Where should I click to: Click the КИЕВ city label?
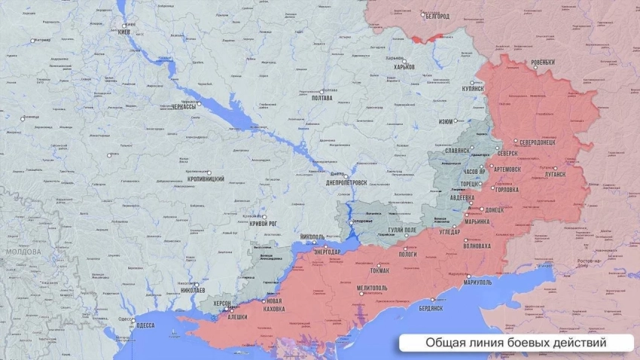(124, 32)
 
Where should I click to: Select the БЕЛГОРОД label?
(437, 16)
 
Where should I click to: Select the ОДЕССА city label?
(145, 325)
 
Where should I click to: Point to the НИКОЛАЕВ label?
(194, 290)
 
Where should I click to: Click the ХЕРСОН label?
(222, 303)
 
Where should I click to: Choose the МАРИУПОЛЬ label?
(474, 282)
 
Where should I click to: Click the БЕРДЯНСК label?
(431, 308)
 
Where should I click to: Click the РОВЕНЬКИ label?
(542, 62)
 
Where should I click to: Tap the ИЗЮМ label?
(446, 122)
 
